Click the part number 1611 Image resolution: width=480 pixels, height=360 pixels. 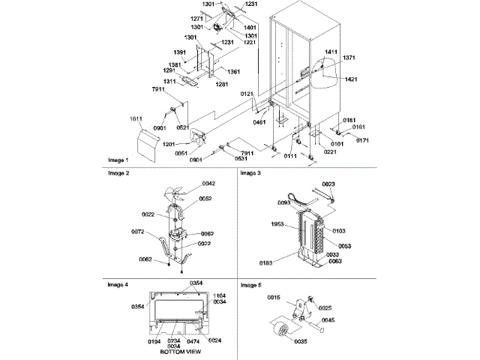tap(135, 119)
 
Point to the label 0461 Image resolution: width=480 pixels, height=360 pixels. tap(259, 121)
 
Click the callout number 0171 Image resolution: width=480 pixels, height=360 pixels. tap(362, 140)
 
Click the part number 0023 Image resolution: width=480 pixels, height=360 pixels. tap(328, 184)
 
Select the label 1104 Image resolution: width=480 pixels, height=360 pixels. tap(219, 295)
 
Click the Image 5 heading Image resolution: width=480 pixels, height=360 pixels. tap(251, 286)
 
